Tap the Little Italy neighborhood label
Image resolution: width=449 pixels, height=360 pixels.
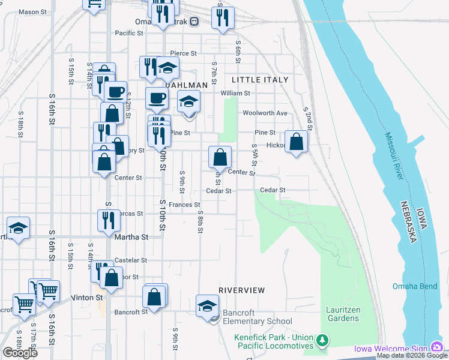click(260, 80)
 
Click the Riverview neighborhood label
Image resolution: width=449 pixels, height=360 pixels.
click(241, 290)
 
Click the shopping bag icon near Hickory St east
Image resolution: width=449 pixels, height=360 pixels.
click(297, 142)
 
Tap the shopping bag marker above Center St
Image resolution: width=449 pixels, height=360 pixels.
click(220, 158)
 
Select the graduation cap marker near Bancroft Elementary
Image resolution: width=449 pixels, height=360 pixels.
click(207, 305)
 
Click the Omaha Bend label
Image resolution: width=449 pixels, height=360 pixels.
click(415, 286)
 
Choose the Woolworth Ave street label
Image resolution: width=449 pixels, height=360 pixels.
click(265, 113)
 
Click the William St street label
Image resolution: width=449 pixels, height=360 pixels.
click(235, 94)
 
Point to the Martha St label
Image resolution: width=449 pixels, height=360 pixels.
click(131, 237)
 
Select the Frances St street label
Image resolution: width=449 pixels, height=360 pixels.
click(184, 205)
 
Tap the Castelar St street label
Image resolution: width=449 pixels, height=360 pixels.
click(131, 260)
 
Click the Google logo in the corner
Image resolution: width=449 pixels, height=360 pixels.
click(20, 352)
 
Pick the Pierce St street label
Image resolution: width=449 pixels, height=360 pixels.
click(184, 53)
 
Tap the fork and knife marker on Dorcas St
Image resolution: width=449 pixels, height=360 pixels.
click(109, 221)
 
